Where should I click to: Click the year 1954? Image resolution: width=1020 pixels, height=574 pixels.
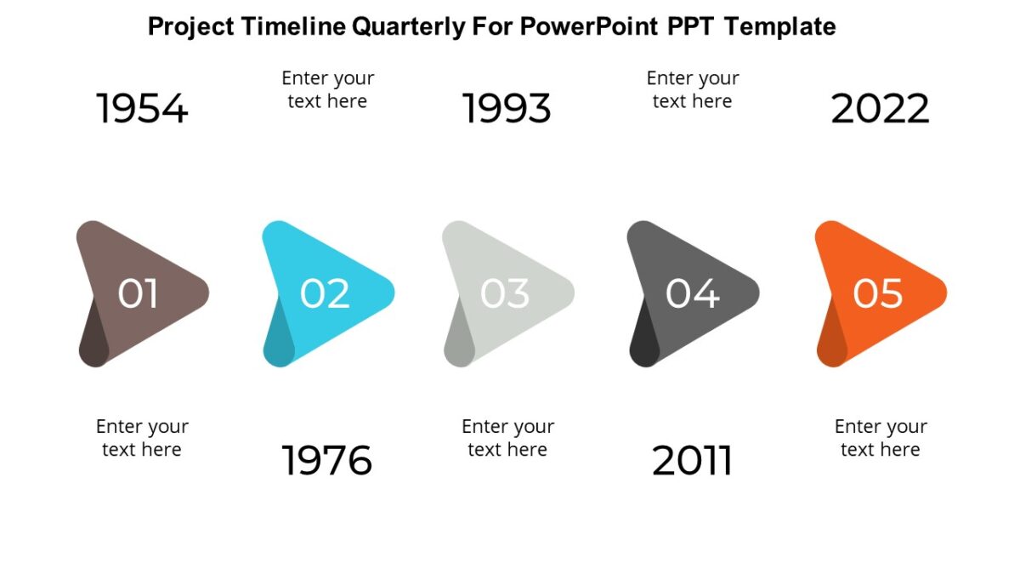point(142,110)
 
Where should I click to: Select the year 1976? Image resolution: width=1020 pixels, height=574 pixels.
point(327,461)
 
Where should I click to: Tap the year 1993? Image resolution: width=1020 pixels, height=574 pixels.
point(507,110)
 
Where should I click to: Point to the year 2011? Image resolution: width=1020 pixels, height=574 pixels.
point(692,461)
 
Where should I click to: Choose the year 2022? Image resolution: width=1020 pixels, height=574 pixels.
point(880,110)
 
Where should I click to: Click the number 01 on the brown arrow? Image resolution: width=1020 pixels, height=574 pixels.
point(139,294)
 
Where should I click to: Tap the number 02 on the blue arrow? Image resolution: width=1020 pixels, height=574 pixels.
point(325,294)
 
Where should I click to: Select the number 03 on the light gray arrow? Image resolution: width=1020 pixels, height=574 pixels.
point(505,294)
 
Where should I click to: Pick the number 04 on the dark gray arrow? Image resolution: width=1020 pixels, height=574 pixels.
point(692,294)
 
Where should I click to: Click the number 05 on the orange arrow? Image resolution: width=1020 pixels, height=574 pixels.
point(878,294)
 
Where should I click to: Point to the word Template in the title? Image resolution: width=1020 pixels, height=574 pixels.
point(780,27)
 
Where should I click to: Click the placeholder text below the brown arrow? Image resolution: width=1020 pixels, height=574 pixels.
point(142,438)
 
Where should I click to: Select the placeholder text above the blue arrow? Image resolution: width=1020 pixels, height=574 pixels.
point(327,89)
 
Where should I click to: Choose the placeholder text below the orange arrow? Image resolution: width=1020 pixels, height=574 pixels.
point(880,438)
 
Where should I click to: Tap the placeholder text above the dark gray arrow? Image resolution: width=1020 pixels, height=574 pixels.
point(692,89)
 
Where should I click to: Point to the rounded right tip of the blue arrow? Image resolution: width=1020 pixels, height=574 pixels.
point(387,293)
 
